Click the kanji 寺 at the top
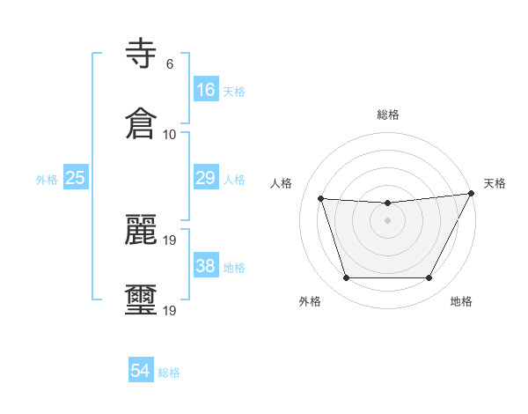142,55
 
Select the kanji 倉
142,123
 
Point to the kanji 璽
142,299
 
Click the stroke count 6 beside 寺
169,64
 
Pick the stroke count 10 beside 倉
169,134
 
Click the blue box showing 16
206,89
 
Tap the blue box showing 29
206,178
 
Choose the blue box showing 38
206,266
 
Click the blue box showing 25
76,178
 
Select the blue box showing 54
141,371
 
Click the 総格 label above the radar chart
388,115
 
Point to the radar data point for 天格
472,194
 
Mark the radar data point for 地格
429,278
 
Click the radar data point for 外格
346,278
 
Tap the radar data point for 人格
320,198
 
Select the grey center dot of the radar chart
387,220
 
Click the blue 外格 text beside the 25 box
47,180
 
